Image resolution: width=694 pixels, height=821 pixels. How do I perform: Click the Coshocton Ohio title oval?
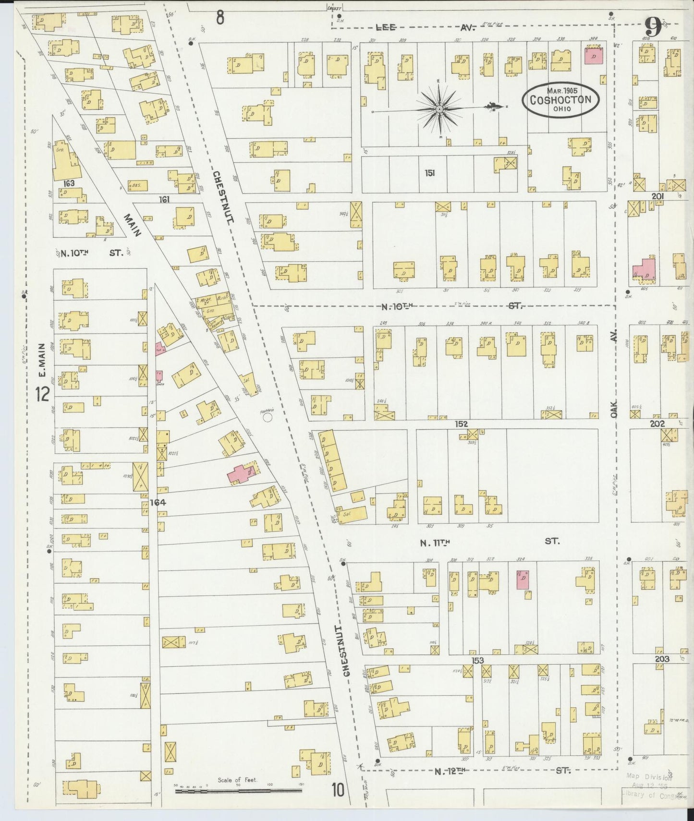click(560, 100)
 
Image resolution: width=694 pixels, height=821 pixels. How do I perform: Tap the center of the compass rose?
click(439, 110)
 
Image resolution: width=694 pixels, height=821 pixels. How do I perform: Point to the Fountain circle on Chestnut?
click(268, 418)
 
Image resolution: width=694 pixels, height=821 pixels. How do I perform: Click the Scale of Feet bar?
click(237, 789)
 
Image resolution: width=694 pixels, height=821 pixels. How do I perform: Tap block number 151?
click(429, 173)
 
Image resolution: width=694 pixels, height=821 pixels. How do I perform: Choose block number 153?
click(477, 661)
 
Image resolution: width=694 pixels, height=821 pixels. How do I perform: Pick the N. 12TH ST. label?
click(499, 771)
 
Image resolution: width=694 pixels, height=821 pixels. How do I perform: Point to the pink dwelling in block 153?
click(523, 580)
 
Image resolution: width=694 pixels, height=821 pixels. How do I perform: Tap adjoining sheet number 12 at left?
click(42, 395)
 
